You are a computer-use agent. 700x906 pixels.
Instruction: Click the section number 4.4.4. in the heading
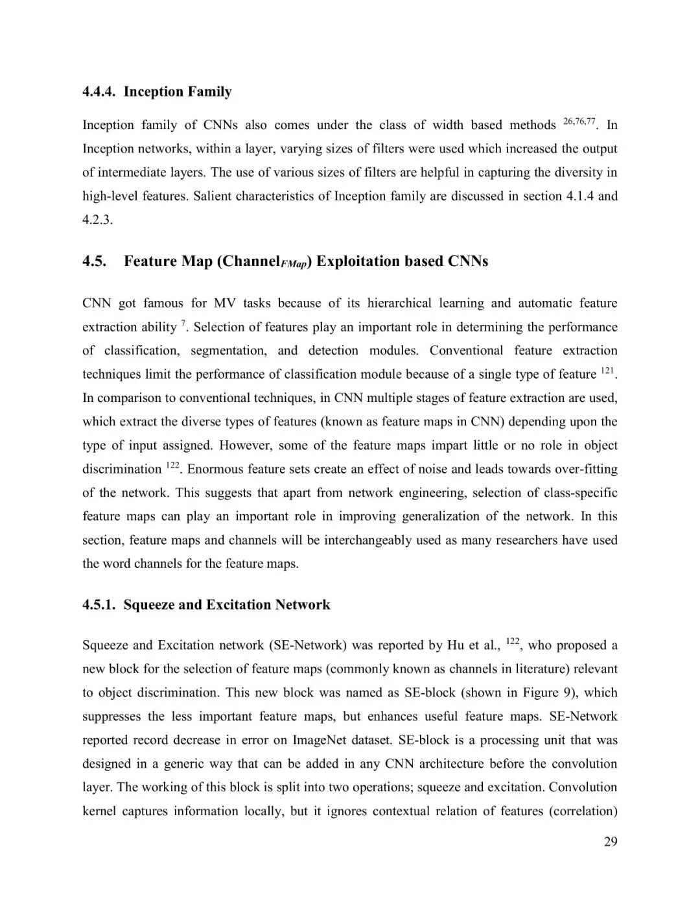pos(100,91)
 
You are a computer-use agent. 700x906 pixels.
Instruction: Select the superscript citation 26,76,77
pos(579,121)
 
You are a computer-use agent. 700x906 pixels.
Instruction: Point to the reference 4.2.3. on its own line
pos(97,220)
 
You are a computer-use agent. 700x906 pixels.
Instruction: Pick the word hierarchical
pos(398,304)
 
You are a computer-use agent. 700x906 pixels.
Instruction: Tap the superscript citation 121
pos(607,371)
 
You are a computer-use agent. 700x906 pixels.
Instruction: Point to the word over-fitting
pos(586,469)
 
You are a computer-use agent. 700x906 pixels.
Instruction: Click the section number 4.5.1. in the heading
pos(100,605)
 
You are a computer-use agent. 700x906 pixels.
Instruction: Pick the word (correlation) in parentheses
pos(583,811)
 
